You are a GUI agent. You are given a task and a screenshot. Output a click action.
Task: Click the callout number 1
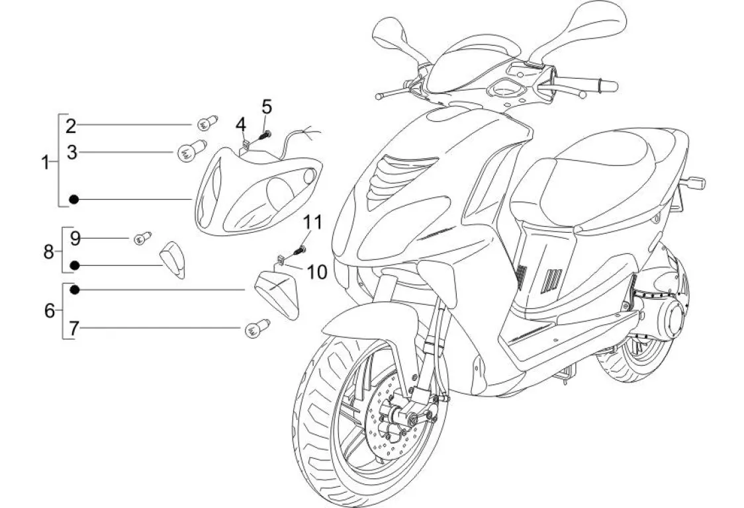(x=46, y=162)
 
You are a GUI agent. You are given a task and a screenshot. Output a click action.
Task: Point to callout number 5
(x=267, y=106)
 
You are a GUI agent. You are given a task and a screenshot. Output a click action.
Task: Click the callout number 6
(x=50, y=310)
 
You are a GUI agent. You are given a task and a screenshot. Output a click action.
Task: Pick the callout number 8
(x=49, y=251)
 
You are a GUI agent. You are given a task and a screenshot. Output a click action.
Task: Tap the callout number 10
(x=317, y=271)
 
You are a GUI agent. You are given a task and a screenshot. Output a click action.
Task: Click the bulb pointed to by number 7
(x=254, y=328)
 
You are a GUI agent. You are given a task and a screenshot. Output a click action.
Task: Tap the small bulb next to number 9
(x=142, y=237)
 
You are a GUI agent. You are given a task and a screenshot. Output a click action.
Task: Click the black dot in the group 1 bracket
(x=75, y=199)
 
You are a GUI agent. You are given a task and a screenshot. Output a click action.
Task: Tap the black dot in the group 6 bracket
(x=75, y=290)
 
